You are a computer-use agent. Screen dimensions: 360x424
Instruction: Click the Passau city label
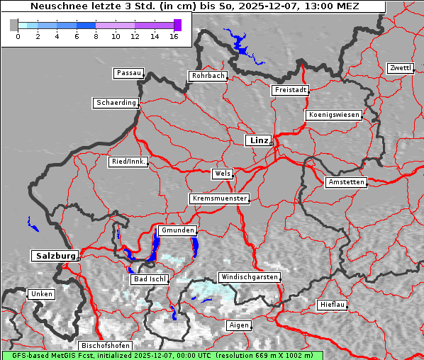point(128,73)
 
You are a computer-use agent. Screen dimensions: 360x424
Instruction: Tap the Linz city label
point(258,140)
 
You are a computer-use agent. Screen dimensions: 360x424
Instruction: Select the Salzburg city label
point(54,255)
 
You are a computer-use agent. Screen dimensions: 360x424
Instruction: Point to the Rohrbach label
point(207,76)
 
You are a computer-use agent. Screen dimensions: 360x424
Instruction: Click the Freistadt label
point(290,90)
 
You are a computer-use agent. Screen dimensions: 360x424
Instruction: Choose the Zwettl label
point(400,68)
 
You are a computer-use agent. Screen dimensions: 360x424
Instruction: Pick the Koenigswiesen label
point(334,115)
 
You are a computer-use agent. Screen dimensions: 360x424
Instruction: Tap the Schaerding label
point(116,103)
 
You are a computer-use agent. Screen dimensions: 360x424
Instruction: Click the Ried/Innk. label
point(128,162)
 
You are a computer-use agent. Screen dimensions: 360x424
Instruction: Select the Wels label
point(222,174)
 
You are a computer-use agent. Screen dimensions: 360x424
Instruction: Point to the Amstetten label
point(346,182)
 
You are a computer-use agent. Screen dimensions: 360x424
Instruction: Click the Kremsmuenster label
point(219,198)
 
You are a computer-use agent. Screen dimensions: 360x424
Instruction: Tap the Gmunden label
point(177,230)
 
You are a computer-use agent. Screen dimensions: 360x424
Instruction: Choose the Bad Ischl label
point(150,279)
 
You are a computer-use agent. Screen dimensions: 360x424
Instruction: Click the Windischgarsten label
point(249,276)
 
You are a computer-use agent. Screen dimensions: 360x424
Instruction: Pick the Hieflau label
point(333,305)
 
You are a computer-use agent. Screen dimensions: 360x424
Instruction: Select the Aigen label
point(238,325)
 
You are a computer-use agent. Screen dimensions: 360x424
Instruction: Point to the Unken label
point(41,293)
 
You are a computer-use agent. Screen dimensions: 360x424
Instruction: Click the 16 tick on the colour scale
point(174,35)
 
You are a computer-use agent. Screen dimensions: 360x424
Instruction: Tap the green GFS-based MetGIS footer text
point(162,355)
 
